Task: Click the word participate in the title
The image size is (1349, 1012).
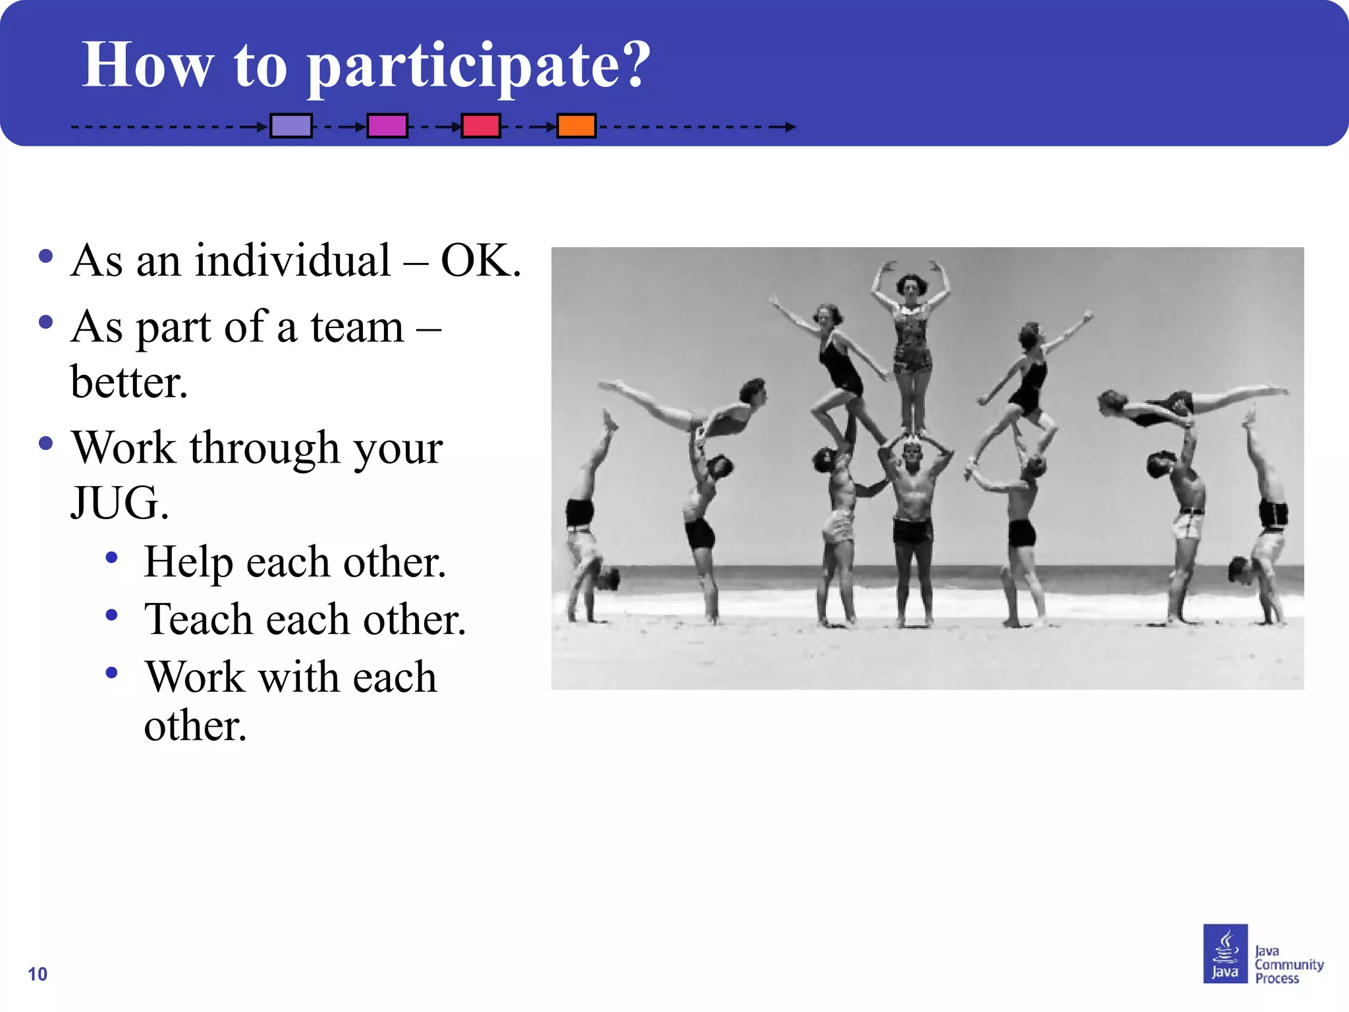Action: pyautogui.click(x=478, y=66)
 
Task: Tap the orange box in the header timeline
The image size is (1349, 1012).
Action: pyautogui.click(x=576, y=125)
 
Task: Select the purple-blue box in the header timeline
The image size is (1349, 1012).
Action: pyautogui.click(x=291, y=125)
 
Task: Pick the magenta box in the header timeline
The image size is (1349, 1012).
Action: pyautogui.click(x=387, y=125)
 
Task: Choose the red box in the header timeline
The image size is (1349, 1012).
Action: pyautogui.click(x=481, y=125)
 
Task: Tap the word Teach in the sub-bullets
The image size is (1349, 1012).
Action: pyautogui.click(x=198, y=620)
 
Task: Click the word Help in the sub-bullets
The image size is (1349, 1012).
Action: pyautogui.click(x=188, y=562)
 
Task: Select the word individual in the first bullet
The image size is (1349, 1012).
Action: pyautogui.click(x=293, y=261)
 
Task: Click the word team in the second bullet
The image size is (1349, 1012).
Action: pyautogui.click(x=357, y=327)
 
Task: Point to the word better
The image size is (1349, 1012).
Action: pyautogui.click(x=129, y=382)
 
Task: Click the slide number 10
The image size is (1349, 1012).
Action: pyautogui.click(x=38, y=974)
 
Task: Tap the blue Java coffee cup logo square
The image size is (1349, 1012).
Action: pyautogui.click(x=1225, y=953)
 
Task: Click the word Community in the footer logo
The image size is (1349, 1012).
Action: pyautogui.click(x=1288, y=965)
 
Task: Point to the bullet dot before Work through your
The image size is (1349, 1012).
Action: pyautogui.click(x=45, y=443)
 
